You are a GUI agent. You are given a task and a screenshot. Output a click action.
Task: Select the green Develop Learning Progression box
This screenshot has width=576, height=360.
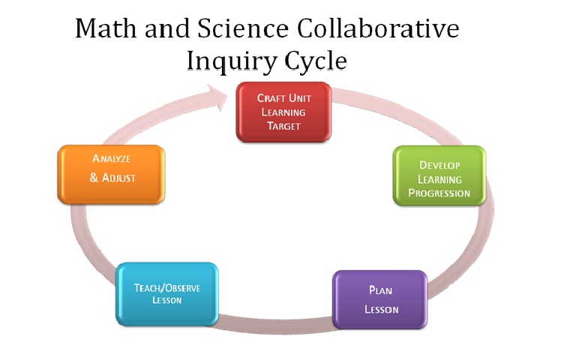(x=439, y=176)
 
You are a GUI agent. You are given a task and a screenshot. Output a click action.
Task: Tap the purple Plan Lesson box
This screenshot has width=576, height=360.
(x=379, y=299)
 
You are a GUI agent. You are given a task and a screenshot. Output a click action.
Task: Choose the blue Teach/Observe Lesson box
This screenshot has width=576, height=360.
(x=166, y=293)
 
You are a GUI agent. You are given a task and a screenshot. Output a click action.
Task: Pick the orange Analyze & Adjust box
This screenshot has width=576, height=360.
(x=110, y=173)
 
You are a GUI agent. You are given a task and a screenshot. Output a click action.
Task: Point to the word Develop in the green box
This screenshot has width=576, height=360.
(x=439, y=164)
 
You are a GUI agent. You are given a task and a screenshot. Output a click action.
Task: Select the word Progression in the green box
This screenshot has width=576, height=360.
(x=439, y=193)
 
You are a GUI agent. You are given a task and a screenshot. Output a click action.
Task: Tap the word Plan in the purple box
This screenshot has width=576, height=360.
(x=380, y=290)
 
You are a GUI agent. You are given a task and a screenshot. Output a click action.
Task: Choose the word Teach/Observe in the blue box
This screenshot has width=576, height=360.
(x=167, y=287)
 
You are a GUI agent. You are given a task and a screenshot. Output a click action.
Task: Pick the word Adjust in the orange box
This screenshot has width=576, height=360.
(x=118, y=178)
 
